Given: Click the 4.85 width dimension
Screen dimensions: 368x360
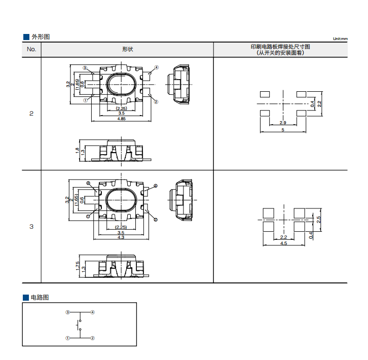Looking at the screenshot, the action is (121, 119).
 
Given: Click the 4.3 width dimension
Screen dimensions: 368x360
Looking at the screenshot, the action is (121, 237).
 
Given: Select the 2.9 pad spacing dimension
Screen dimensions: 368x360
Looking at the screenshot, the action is (283, 123).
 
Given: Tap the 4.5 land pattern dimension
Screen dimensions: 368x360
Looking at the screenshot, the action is (283, 243).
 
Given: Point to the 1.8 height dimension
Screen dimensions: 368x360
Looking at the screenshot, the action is (77, 151).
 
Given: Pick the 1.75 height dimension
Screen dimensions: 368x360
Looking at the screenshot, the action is (78, 266).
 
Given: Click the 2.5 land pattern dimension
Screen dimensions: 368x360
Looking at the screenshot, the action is (318, 220).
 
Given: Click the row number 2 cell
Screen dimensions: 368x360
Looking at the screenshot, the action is (31, 114).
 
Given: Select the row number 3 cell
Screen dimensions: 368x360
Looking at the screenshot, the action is (31, 227).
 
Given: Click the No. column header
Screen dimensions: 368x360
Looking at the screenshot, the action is (31, 49).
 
